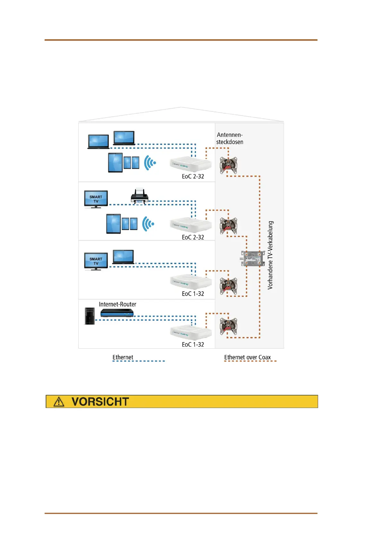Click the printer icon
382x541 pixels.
coord(140,196)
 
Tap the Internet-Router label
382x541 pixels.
coord(117,304)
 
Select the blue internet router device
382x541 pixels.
coord(117,313)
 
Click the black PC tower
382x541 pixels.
coord(90,316)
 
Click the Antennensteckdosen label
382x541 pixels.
coord(230,138)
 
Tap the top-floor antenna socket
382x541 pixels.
coord(228,165)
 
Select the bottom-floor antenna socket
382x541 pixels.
coord(228,326)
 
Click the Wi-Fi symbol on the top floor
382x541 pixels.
coord(150,163)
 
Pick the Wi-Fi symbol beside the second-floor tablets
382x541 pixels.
coord(148,224)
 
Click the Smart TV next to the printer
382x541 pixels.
coord(96,199)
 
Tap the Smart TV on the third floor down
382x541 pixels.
coord(96,261)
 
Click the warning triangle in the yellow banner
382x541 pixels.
coord(59,402)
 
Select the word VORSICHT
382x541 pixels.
coord(100,402)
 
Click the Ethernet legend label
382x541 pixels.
coord(123,357)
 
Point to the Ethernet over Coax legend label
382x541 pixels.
coord(247,357)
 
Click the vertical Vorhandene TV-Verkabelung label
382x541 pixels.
coord(270,255)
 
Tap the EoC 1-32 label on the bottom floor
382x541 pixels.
coord(193,344)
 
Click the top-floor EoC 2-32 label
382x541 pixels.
coord(193,176)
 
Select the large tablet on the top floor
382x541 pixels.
coord(115,163)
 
